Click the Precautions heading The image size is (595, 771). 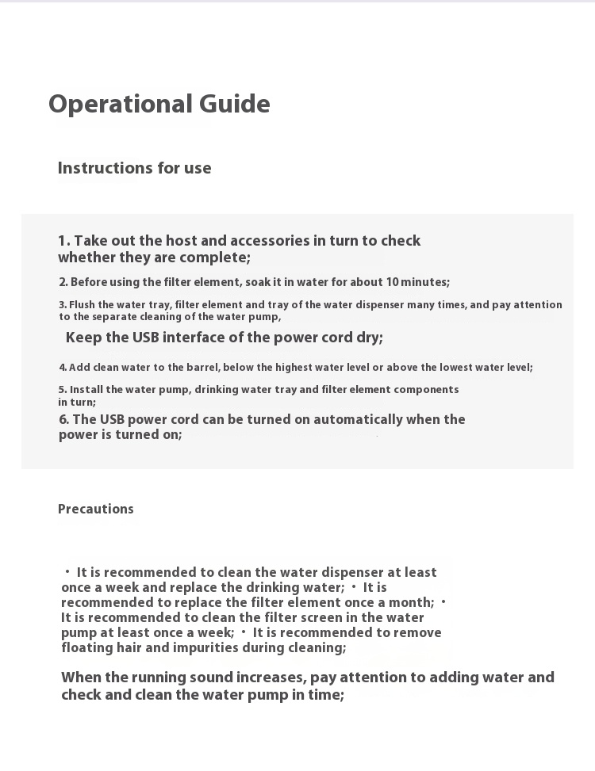[x=95, y=509]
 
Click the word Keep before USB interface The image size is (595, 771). [x=84, y=338]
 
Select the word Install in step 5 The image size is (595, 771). [x=86, y=390]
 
